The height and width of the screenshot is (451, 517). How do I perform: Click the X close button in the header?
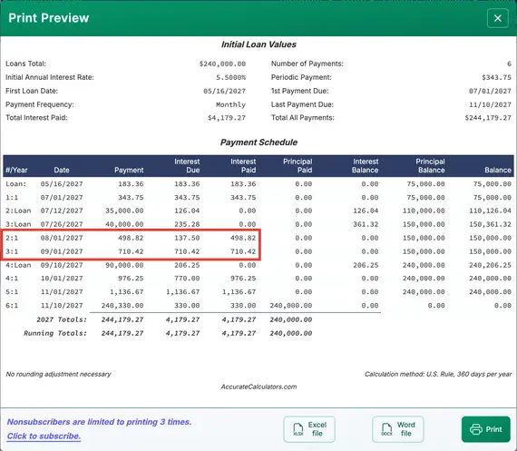pos(497,18)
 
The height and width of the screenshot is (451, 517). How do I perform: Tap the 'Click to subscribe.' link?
pos(44,436)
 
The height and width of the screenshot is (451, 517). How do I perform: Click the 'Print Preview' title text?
pos(49,18)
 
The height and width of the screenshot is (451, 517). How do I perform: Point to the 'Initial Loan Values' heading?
pos(258,44)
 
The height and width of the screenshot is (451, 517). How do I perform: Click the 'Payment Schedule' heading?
pos(258,142)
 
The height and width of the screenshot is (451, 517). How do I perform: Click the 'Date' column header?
pos(62,170)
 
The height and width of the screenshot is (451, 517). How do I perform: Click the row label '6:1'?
pos(13,306)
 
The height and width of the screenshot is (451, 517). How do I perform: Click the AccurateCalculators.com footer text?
pos(258,387)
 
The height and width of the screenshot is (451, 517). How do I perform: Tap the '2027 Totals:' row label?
pos(62,319)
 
